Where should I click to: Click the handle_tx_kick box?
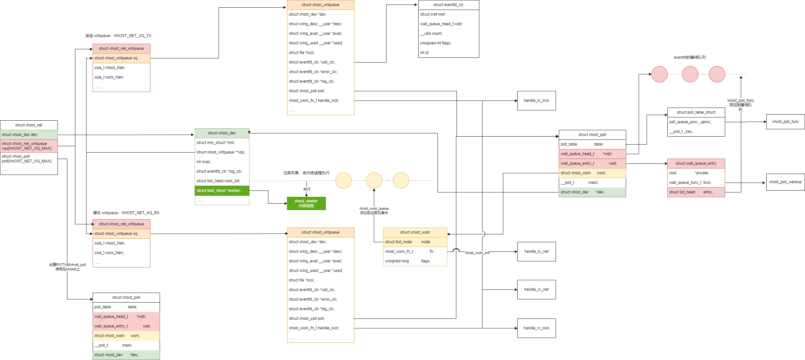pyautogui.click(x=536, y=101)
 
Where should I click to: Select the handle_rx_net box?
pyautogui.click(x=536, y=289)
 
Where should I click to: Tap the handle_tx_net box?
pyautogui.click(x=536, y=251)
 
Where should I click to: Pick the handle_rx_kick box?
pyautogui.click(x=536, y=328)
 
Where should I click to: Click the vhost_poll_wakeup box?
pyautogui.click(x=786, y=182)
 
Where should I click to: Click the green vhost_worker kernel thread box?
pyautogui.click(x=306, y=203)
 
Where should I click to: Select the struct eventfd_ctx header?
pyautogui.click(x=449, y=5)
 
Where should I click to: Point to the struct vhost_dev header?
pyautogui.click(x=222, y=133)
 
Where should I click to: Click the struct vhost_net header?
pyautogui.click(x=29, y=125)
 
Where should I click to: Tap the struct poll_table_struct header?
pyautogui.click(x=696, y=112)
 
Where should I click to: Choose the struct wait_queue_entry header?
pyautogui.click(x=696, y=163)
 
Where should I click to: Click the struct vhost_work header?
pyautogui.click(x=415, y=232)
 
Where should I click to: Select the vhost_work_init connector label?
pyautogui.click(x=477, y=253)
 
